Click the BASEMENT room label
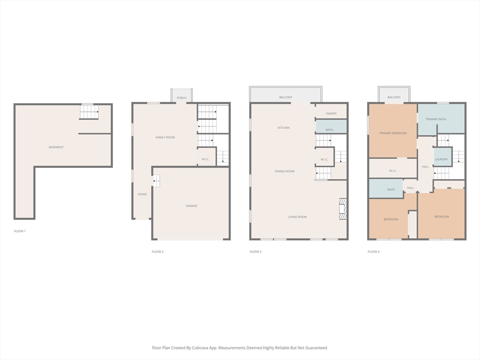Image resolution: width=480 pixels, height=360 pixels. (56, 147)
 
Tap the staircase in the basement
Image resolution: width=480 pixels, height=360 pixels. (89, 112)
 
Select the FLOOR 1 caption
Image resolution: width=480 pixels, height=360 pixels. (20, 231)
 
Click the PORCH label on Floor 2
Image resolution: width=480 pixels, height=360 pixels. (181, 98)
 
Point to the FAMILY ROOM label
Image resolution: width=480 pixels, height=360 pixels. (165, 137)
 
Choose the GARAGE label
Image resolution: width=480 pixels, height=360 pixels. (191, 206)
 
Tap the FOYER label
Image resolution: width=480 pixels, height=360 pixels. (142, 194)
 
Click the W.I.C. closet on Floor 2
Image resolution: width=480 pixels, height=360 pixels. (205, 159)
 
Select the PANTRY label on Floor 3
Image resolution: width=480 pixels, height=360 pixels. (331, 113)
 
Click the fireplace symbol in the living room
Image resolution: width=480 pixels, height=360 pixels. (343, 209)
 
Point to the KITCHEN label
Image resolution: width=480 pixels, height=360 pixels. (284, 127)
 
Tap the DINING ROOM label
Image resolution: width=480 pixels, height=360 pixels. (285, 171)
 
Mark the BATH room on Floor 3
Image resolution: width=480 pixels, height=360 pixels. (330, 129)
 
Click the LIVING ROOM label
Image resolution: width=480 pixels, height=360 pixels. (297, 217)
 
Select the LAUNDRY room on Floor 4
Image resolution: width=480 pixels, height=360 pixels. (441, 159)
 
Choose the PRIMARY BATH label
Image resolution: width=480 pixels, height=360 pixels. (436, 119)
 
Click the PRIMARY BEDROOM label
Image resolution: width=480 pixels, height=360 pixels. (393, 133)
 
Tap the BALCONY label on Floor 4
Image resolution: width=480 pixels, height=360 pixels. (394, 97)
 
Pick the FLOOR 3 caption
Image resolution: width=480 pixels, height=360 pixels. (255, 252)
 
